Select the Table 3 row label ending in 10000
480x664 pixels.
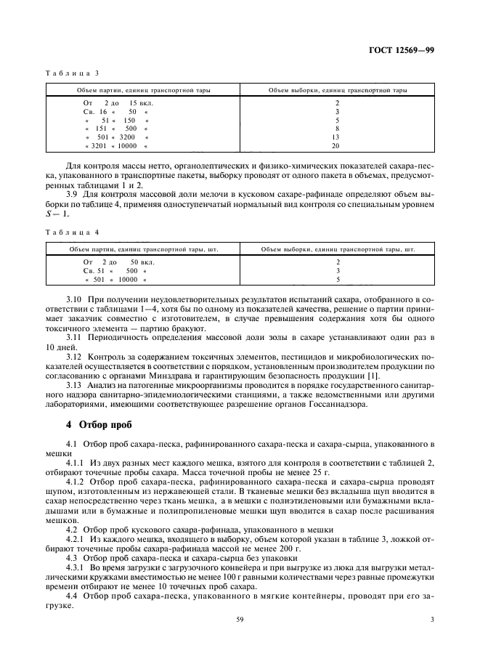pyautogui.click(x=116, y=146)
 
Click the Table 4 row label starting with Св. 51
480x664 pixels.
pyautogui.click(x=116, y=270)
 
